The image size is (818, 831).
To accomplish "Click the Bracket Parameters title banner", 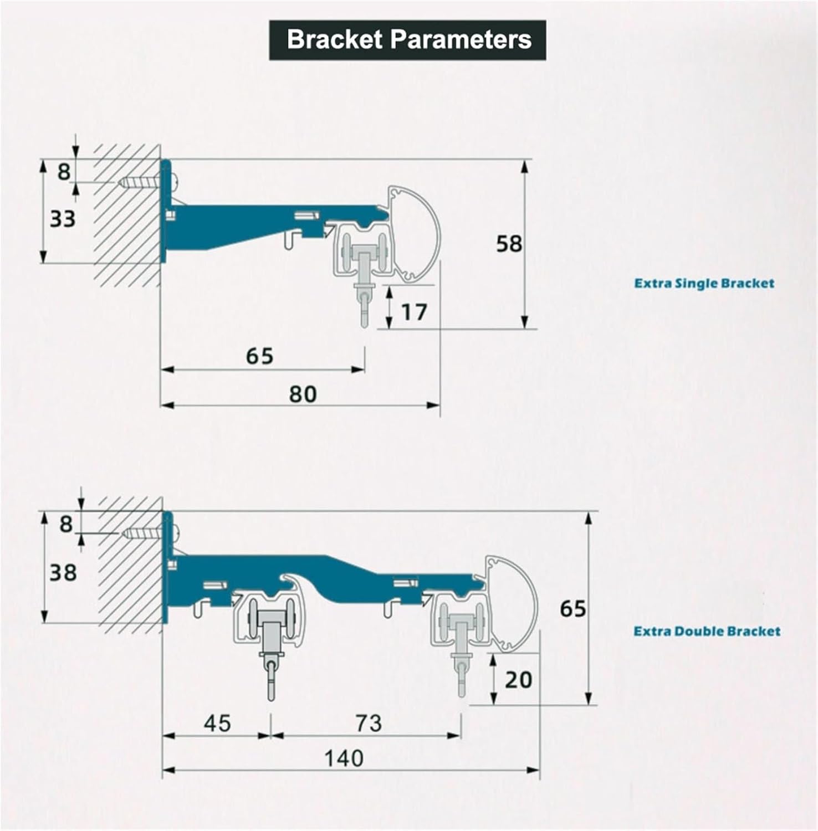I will click(408, 40).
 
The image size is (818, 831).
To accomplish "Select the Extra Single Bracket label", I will click(704, 284).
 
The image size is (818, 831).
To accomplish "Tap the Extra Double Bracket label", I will click(707, 631).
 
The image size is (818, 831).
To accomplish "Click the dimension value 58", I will click(509, 244).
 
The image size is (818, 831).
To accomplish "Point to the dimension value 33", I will click(62, 219).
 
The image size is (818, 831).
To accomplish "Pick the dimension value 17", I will click(414, 312).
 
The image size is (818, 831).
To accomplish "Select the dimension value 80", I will click(303, 394).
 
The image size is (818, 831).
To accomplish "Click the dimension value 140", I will click(344, 758).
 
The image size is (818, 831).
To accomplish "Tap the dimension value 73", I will click(369, 723).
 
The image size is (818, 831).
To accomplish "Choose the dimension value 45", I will click(217, 723).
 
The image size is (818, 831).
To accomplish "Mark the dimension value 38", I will click(63, 572).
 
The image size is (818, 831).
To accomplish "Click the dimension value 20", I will click(518, 679).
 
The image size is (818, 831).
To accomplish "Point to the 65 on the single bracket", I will click(259, 356).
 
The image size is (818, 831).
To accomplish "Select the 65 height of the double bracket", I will click(572, 608).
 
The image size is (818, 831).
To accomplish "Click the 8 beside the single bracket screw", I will click(64, 171).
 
